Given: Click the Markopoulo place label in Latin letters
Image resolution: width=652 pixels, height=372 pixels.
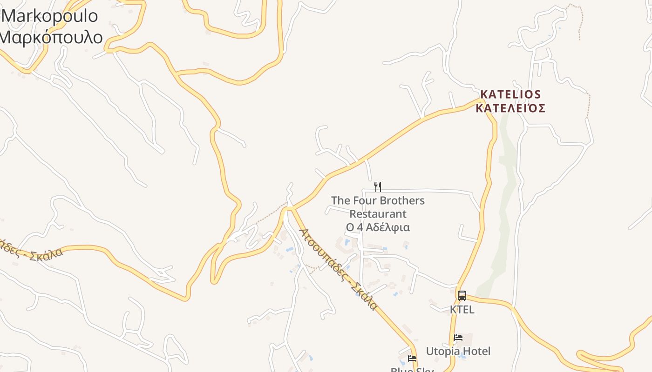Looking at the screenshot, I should (50, 16).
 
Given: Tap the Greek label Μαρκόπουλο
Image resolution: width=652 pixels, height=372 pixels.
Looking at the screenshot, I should (51, 37).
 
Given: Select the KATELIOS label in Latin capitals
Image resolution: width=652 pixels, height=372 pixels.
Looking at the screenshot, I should (510, 94).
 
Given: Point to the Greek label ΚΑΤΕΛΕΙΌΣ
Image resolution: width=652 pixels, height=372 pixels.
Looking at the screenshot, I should (510, 108).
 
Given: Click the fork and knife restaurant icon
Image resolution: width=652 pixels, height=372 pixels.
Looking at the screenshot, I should (378, 187).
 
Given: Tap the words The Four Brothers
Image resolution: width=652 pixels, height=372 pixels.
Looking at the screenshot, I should (378, 200).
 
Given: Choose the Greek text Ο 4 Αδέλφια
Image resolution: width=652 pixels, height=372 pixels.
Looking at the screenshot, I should (378, 227).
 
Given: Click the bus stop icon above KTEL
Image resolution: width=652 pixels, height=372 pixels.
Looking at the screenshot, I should (462, 295).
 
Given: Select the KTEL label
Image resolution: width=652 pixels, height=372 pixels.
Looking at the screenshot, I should (462, 309).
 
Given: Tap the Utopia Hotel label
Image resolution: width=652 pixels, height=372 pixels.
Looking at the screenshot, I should (458, 351).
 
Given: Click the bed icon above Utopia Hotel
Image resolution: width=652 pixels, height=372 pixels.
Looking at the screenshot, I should (458, 338).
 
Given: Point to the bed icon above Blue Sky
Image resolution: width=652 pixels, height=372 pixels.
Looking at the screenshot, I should (412, 359).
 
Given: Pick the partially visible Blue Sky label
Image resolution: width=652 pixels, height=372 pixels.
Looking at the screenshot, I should (412, 370).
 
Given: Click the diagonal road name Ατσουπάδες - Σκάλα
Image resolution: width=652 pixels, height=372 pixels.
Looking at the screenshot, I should (338, 269).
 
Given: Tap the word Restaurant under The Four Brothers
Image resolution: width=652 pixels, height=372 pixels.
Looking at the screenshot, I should (378, 214).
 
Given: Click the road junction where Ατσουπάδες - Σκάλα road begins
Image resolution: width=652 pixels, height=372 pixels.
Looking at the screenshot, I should (289, 209).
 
